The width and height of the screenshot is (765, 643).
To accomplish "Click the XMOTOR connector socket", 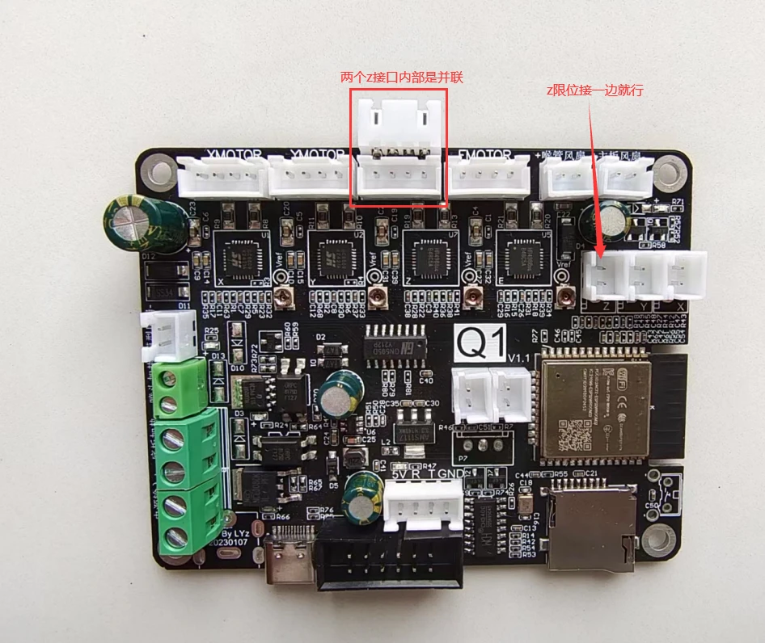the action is (222, 176).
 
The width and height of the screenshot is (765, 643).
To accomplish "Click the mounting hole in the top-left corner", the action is (150, 169).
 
